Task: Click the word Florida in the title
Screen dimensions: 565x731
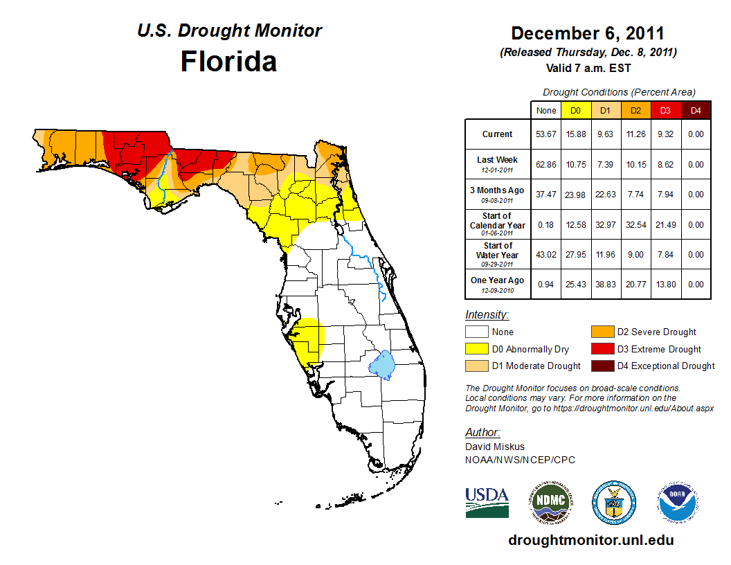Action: (x=228, y=61)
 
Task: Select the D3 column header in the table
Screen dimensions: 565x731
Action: (x=665, y=110)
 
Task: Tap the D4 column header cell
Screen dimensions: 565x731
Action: (x=695, y=110)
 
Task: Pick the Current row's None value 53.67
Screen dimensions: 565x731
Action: (x=545, y=134)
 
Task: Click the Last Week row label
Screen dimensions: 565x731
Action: (x=498, y=160)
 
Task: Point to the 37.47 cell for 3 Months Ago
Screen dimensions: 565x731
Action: (x=545, y=195)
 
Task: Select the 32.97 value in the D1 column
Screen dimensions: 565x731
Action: (x=604, y=225)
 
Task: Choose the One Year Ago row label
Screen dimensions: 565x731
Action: (x=498, y=280)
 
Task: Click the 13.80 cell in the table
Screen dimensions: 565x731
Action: (x=665, y=285)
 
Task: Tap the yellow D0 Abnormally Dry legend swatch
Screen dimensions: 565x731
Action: (x=476, y=349)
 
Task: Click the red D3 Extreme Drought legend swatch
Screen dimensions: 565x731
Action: (x=602, y=349)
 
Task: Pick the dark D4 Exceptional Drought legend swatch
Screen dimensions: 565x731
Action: (x=602, y=366)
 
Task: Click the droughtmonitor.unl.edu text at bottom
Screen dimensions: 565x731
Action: (x=590, y=540)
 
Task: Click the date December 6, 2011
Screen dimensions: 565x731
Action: (x=588, y=33)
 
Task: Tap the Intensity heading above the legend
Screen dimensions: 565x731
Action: (x=487, y=315)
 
